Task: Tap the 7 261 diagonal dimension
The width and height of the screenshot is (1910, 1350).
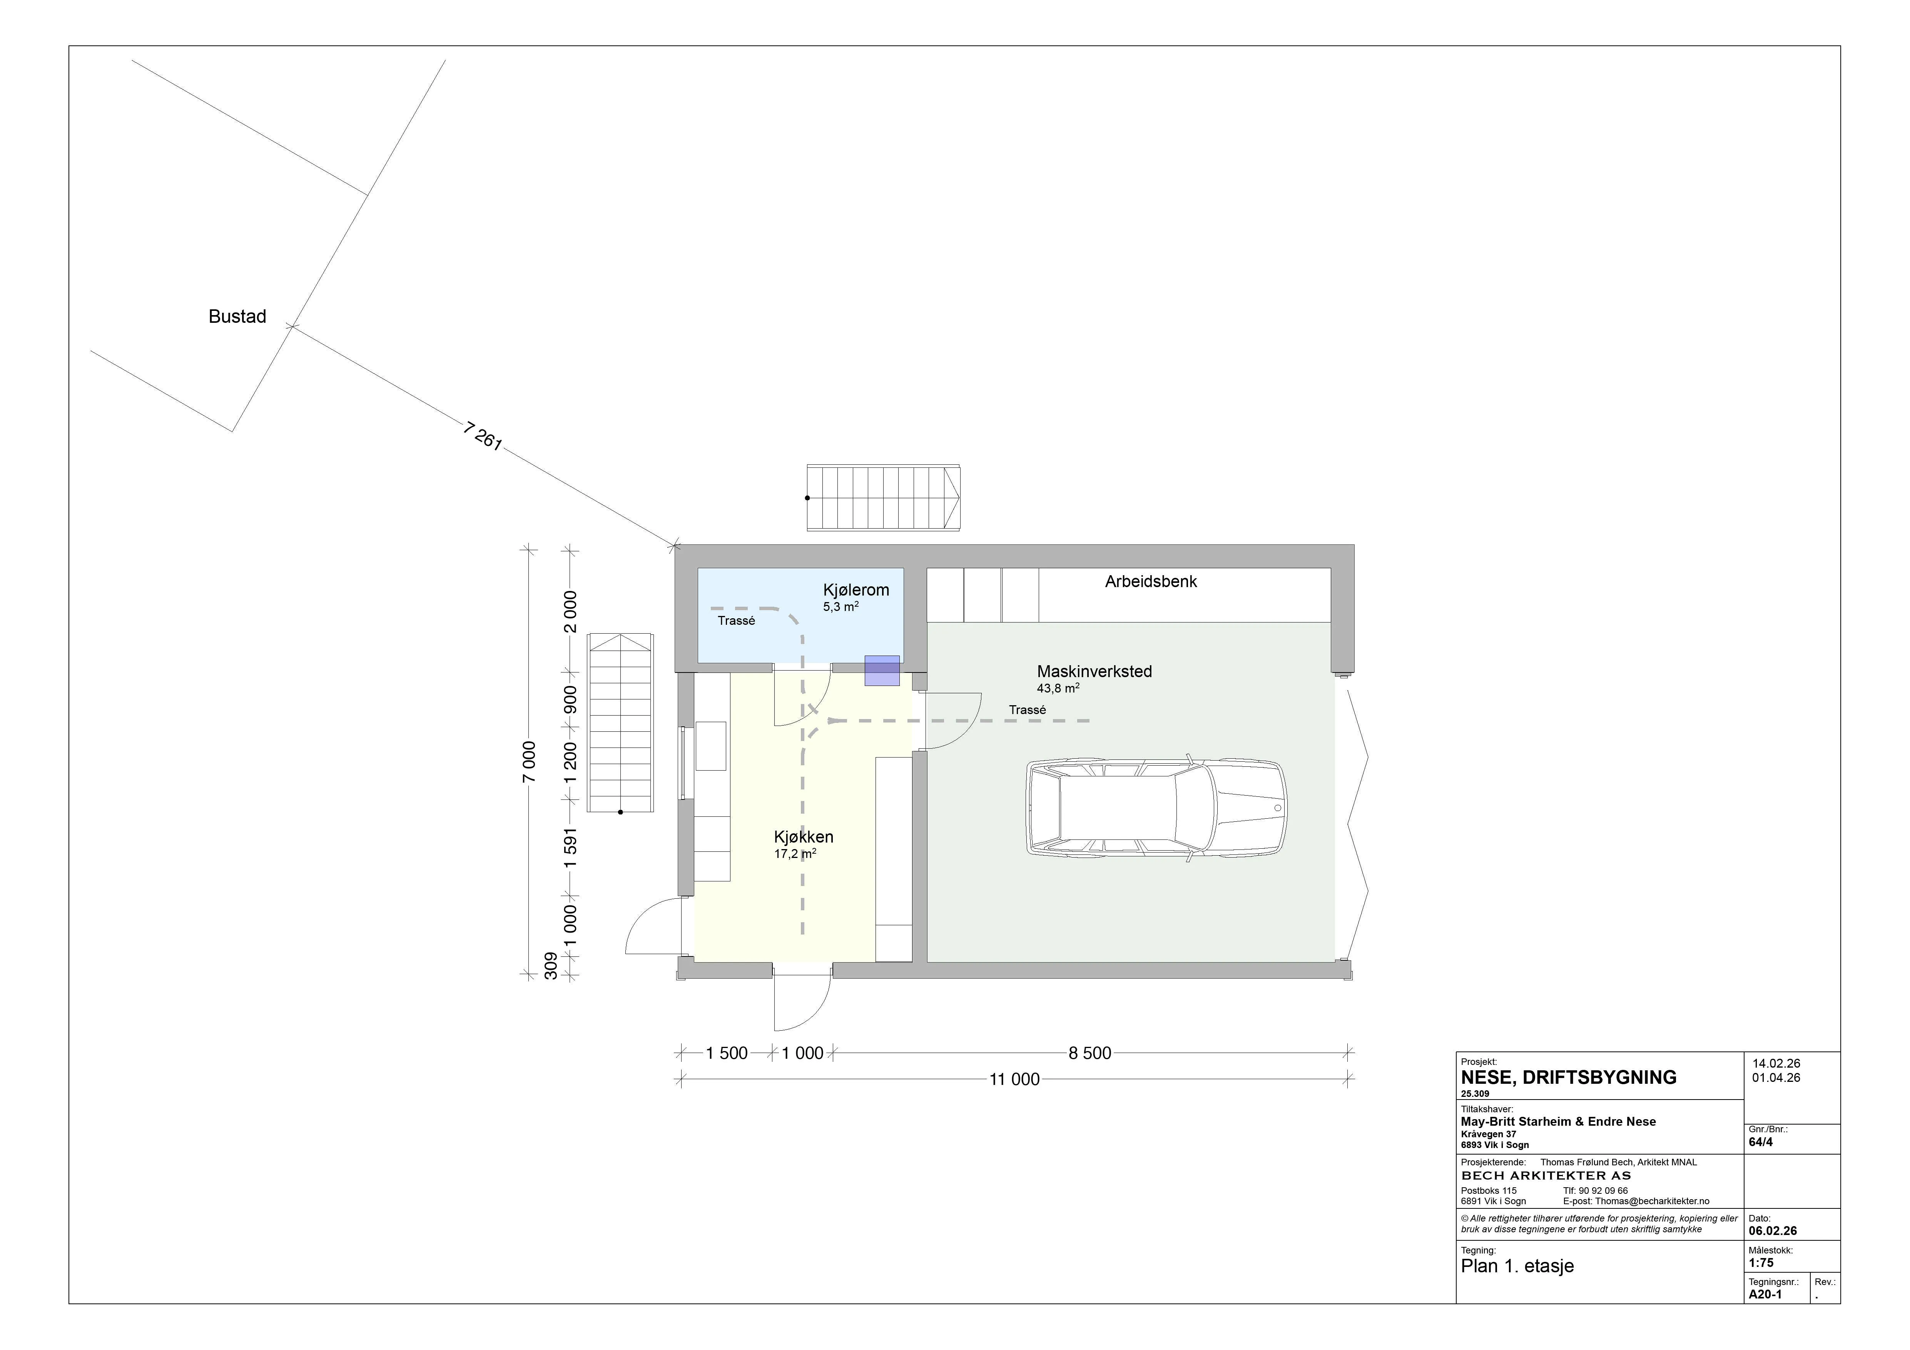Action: click(483, 437)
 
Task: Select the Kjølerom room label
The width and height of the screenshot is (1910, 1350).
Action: click(856, 590)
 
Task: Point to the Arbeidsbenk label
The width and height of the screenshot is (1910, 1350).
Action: click(1150, 581)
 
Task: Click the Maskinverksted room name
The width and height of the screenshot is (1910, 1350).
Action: click(1094, 671)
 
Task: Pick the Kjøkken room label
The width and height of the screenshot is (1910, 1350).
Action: click(804, 837)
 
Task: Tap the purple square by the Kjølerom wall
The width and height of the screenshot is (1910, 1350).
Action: click(882, 671)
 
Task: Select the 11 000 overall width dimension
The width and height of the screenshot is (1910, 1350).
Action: click(1014, 1080)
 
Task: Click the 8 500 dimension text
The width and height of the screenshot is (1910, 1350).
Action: click(1090, 1053)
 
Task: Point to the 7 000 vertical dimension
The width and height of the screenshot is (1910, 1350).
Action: click(529, 762)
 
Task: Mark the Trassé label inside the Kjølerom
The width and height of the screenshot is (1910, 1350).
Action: click(736, 621)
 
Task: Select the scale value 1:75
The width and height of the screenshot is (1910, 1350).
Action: click(1761, 1263)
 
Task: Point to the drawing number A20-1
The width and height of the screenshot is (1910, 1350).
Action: click(1765, 1294)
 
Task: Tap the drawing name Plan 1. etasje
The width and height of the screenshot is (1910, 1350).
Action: click(1517, 1266)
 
